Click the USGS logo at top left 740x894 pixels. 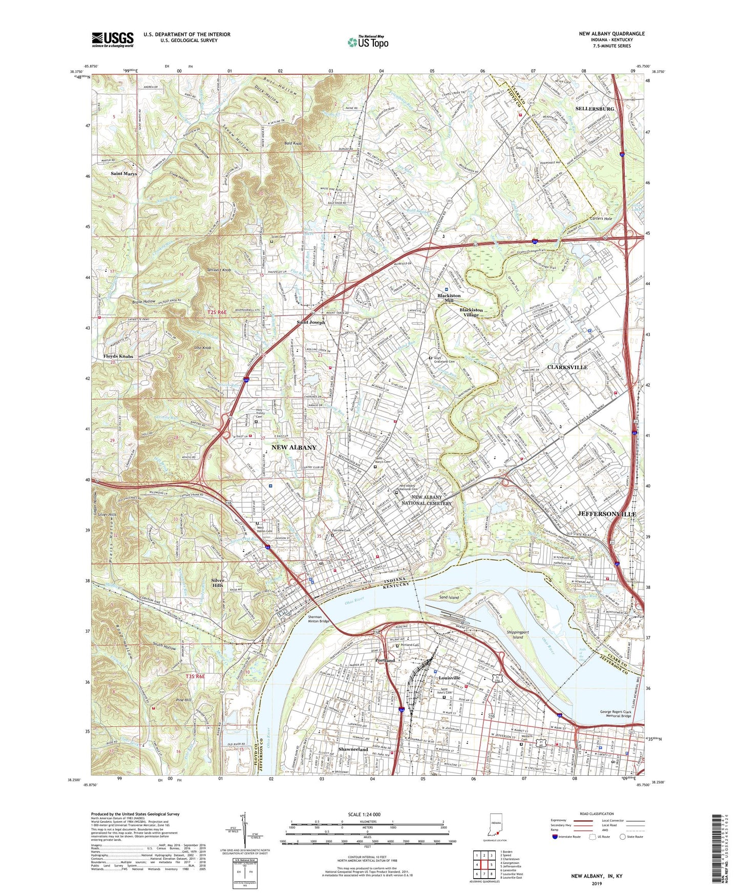pyautogui.click(x=113, y=39)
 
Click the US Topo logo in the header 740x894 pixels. pyautogui.click(x=368, y=42)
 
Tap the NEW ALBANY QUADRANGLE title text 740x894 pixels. pyautogui.click(x=611, y=34)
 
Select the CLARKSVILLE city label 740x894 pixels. pyautogui.click(x=567, y=367)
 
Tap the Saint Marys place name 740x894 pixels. pyautogui.click(x=124, y=174)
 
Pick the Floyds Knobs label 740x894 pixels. pyautogui.click(x=118, y=356)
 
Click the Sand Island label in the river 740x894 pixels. pyautogui.click(x=449, y=598)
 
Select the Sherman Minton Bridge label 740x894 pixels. pyautogui.click(x=318, y=619)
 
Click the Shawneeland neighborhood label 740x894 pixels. pyautogui.click(x=353, y=749)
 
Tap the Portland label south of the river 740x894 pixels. pyautogui.click(x=385, y=661)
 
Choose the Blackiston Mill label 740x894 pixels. pyautogui.click(x=449, y=298)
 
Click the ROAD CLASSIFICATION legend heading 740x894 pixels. pyautogui.click(x=596, y=814)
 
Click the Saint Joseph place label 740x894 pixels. pyautogui.click(x=311, y=323)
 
